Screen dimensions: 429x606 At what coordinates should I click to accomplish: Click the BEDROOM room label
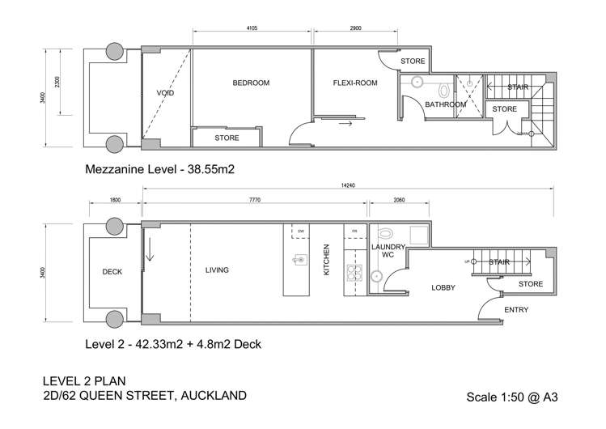tap(250, 83)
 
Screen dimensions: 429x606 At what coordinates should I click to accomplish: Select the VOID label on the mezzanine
tap(165, 93)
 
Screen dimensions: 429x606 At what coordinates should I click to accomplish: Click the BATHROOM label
tap(445, 104)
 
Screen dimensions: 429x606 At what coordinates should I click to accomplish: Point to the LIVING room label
tap(217, 270)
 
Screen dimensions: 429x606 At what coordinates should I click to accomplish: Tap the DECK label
tap(112, 272)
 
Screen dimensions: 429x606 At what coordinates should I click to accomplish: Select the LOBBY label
tap(443, 287)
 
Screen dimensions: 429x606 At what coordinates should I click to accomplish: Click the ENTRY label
tap(516, 310)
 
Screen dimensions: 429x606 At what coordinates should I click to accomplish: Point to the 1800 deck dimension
tap(115, 199)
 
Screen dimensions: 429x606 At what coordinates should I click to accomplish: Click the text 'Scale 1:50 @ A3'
tap(512, 397)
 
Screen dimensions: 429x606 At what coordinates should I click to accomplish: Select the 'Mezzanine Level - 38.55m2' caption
tap(159, 171)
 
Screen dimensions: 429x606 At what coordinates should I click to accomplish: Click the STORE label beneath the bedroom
tap(227, 138)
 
